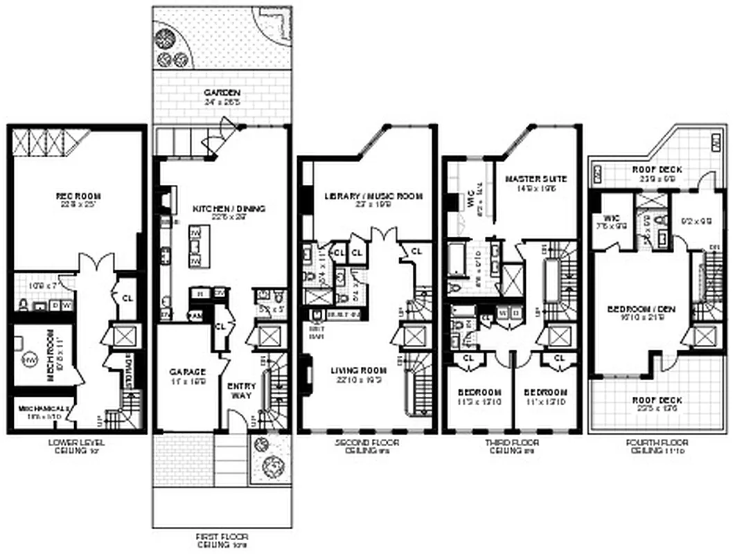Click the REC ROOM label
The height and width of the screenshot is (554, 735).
click(x=74, y=197)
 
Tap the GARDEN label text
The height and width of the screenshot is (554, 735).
click(x=222, y=93)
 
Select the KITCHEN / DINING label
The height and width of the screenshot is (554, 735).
click(x=220, y=208)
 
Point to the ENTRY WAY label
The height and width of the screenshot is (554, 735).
click(x=242, y=391)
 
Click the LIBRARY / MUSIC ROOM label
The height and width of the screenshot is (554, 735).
click(x=373, y=197)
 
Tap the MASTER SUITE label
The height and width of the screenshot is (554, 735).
click(x=535, y=179)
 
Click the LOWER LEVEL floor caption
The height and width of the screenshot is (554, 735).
click(x=74, y=442)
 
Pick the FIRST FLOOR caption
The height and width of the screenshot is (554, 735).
click(x=222, y=537)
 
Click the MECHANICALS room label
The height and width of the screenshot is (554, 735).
click(x=39, y=409)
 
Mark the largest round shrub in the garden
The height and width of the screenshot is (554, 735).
click(x=168, y=36)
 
